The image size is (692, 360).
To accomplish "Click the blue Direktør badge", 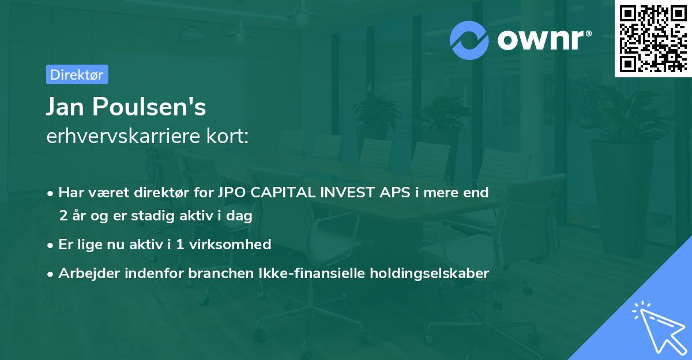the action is [x=77, y=74].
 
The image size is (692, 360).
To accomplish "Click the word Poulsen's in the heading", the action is [x=149, y=107].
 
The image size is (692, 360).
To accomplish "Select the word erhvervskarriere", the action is [x=123, y=136].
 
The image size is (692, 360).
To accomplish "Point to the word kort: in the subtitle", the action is [x=228, y=136].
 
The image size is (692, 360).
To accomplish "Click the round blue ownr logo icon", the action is [x=469, y=40].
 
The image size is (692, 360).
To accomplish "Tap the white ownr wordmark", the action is [x=544, y=40].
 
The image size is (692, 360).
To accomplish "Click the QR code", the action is [x=653, y=38].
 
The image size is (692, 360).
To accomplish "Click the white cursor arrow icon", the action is [x=659, y=328].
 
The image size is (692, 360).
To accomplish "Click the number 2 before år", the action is [x=63, y=216].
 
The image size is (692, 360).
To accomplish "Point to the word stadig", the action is [x=153, y=216].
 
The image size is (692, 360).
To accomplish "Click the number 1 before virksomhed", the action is [x=180, y=245].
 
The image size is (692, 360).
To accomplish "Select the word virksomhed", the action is [x=230, y=244].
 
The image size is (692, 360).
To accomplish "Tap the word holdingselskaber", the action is [x=430, y=273].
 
